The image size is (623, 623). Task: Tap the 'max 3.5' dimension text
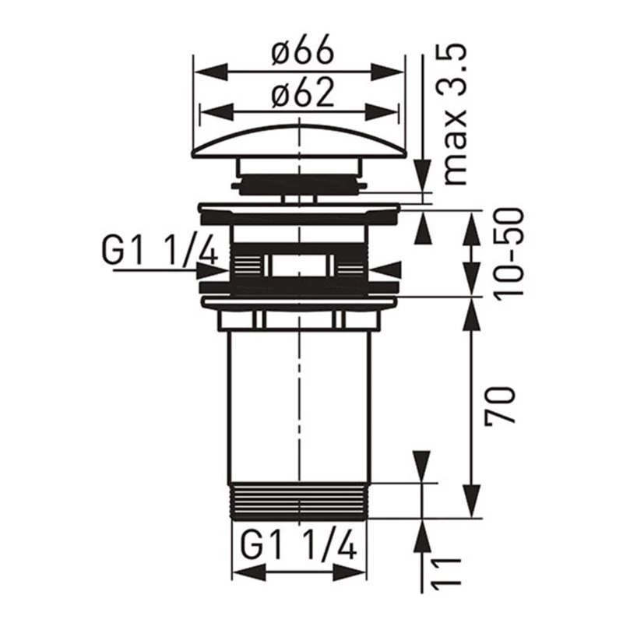point(453,114)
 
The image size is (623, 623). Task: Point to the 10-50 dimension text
point(509,251)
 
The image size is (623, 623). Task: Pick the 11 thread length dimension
point(446,571)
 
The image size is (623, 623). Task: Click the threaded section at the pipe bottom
point(299,502)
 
